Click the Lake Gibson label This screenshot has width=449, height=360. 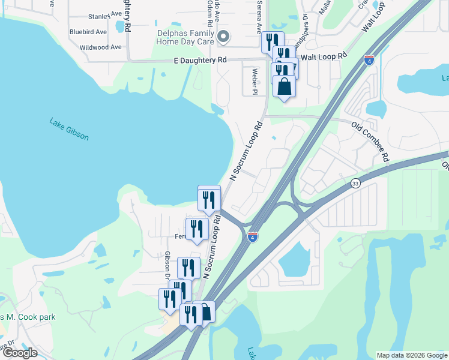69,129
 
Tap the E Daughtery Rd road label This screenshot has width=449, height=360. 200,60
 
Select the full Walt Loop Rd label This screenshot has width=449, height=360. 324,56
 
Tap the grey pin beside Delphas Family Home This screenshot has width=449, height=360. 223,37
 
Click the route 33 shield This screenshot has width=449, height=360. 355,184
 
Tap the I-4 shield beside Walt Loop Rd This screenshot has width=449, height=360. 369,59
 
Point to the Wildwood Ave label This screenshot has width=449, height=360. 100,47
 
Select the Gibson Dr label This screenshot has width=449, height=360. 168,265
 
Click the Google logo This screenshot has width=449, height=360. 19,352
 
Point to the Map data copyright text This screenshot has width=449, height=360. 412,355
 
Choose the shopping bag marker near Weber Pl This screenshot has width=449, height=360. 284,86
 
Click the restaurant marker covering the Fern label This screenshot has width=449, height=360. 197,229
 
